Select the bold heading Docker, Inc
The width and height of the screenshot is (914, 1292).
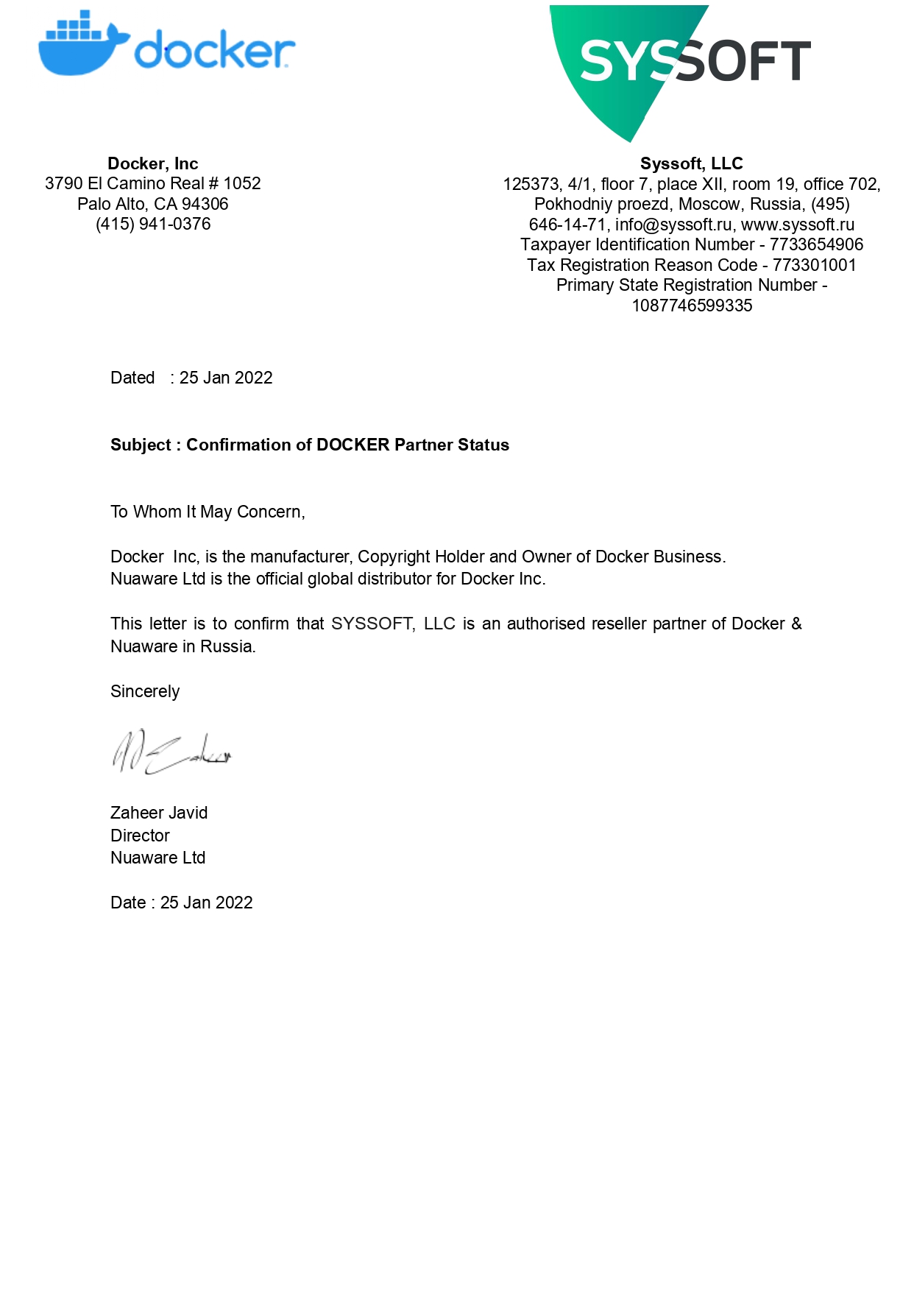pos(152,163)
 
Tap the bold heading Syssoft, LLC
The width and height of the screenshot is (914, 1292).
pos(691,163)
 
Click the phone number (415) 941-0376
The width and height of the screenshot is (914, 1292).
pos(153,224)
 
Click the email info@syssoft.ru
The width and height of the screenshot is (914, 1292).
pos(673,225)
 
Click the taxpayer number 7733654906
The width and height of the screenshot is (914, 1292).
pos(816,244)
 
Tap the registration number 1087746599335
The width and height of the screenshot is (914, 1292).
pos(692,306)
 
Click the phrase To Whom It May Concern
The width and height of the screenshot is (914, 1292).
pos(207,512)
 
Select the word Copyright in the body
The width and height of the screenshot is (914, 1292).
pos(394,557)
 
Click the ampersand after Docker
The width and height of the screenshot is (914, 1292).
pos(796,624)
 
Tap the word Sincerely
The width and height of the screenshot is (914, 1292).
pos(145,691)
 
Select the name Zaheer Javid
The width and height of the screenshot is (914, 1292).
pos(159,813)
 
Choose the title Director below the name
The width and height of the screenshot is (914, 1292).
pos(140,836)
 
